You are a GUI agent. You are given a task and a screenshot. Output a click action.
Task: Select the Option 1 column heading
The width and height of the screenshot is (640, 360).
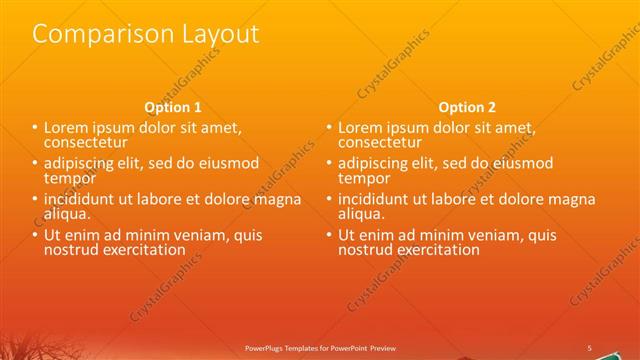[173, 107]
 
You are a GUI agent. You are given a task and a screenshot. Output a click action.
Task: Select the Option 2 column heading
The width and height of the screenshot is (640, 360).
[467, 107]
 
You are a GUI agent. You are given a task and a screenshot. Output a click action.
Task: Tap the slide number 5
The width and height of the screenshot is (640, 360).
[589, 347]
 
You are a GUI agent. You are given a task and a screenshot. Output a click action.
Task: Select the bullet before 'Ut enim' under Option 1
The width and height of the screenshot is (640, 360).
[35, 235]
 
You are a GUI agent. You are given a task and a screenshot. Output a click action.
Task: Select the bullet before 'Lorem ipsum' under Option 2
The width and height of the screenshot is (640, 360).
[329, 128]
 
